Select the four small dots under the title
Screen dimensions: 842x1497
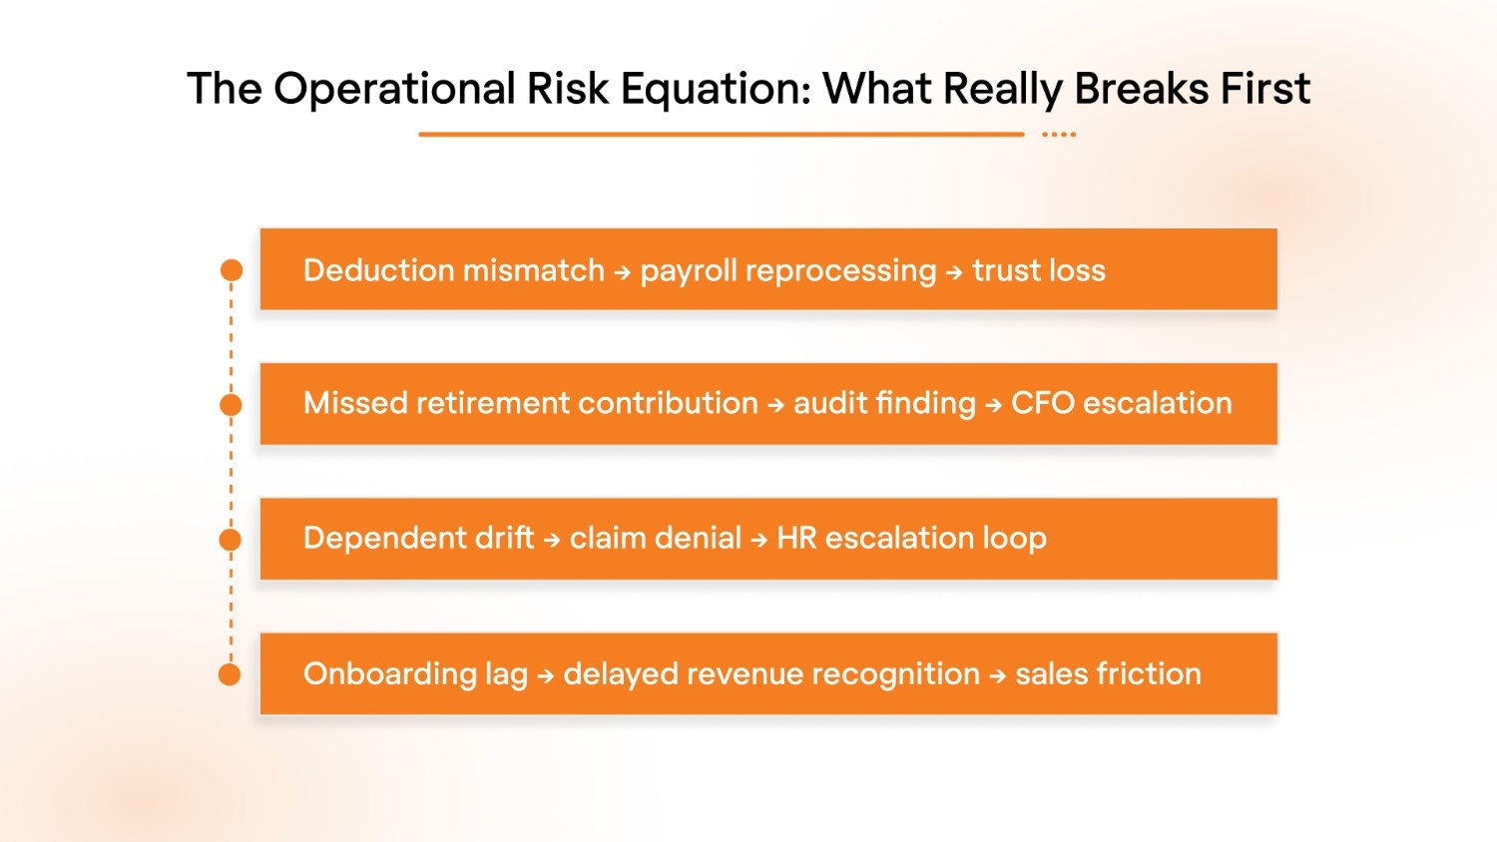tap(1059, 134)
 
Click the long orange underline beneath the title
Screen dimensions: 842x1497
tap(721, 134)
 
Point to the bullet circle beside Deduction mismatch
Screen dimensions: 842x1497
tap(232, 270)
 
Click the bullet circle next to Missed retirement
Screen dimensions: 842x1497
tap(232, 405)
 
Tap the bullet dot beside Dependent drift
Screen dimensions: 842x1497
tap(231, 540)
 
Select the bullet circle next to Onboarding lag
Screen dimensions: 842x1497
tap(230, 675)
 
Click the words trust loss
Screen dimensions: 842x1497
tap(1038, 270)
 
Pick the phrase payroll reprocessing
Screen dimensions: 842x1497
tap(787, 271)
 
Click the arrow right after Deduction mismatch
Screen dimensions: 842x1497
tap(622, 272)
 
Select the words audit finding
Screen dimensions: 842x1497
tap(884, 403)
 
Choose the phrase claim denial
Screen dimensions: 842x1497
tap(655, 538)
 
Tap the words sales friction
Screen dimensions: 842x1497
tap(1108, 673)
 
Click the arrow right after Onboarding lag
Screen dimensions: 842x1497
tap(545, 676)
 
